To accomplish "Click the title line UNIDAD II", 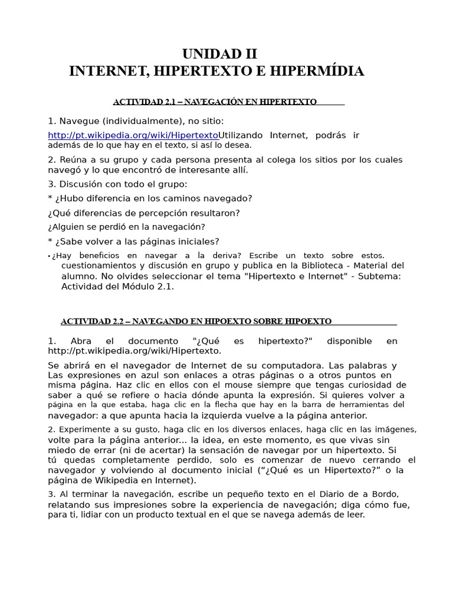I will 219,54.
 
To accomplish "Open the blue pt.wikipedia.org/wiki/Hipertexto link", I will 133,135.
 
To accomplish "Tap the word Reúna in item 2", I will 73,160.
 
